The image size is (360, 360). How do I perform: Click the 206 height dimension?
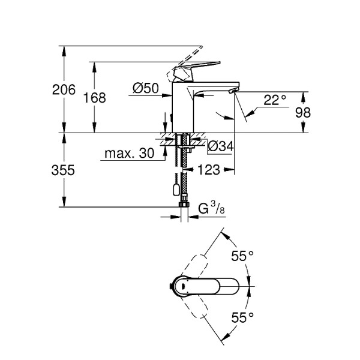coord(64,90)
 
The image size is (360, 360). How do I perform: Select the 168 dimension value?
coord(94,98)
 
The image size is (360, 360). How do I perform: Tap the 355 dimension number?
coord(64,170)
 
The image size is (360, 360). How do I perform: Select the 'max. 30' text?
coord(129,154)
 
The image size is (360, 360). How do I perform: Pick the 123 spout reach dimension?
coord(209,170)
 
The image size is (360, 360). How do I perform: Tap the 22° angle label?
coord(275,100)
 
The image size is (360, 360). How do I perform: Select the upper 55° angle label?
coord(242,256)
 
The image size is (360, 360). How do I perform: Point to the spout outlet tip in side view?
coord(233,91)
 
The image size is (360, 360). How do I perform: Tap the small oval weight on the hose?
coord(174,190)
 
